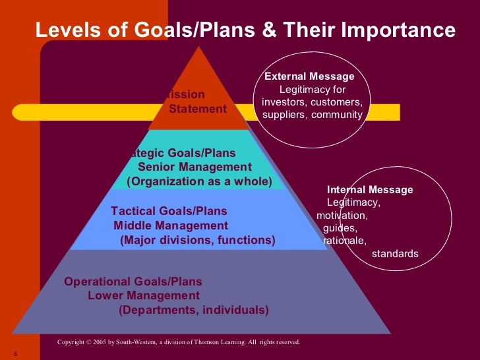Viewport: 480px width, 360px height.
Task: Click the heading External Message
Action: point(309,76)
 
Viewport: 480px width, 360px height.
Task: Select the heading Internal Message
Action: point(370,190)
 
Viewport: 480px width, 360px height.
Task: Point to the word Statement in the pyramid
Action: point(198,109)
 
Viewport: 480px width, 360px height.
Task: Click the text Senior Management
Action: point(195,167)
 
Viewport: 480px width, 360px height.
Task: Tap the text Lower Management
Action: point(144,295)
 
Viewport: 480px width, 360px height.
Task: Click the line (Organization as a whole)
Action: point(199,181)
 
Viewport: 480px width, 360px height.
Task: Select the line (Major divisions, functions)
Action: point(198,241)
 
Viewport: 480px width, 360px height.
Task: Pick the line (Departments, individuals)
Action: point(194,310)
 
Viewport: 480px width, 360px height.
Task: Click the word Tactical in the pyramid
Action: point(135,212)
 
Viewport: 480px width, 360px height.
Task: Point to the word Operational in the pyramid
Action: point(96,282)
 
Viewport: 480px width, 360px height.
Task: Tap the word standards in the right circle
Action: point(396,253)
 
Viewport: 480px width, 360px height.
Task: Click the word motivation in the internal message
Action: point(342,215)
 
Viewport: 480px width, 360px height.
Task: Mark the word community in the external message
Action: point(338,115)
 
